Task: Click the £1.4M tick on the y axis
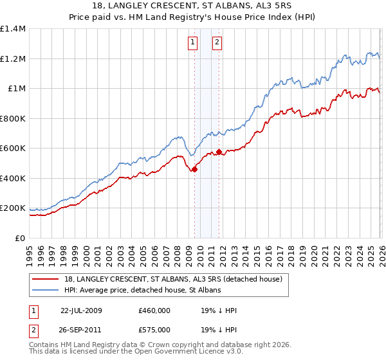click(13, 29)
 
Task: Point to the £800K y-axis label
click(13, 118)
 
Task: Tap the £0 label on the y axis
click(20, 238)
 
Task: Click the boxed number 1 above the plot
click(193, 43)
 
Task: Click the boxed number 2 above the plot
click(217, 43)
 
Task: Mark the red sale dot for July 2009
click(194, 170)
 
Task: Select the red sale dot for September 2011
click(219, 152)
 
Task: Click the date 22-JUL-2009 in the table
click(80, 310)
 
